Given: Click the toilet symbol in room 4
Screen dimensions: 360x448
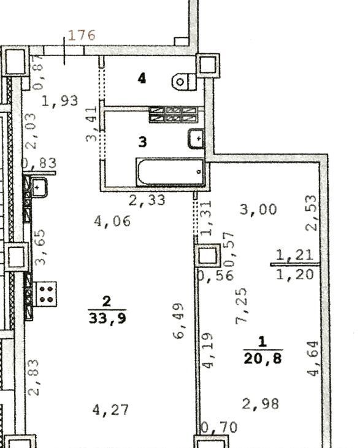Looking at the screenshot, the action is (184, 82).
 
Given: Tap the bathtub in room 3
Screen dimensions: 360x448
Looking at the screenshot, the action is (170, 172).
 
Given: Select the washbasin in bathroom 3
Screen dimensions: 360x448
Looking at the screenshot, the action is (196, 139).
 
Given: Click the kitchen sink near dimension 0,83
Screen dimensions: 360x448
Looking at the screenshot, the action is (39, 187).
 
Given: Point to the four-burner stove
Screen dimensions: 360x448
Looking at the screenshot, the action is (45, 294).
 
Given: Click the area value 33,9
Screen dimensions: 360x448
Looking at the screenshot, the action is (107, 319).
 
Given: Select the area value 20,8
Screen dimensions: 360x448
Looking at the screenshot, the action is (263, 358).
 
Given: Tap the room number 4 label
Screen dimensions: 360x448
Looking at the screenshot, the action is (142, 79).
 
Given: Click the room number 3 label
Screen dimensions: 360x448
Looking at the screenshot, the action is (142, 142).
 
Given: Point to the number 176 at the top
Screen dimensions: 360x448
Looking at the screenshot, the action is (82, 35).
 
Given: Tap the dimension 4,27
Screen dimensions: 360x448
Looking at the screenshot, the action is (110, 410).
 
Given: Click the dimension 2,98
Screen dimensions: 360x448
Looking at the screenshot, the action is (261, 404).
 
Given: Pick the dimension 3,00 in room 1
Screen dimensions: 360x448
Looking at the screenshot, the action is (258, 209).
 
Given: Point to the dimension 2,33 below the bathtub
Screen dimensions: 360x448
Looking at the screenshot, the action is (147, 200).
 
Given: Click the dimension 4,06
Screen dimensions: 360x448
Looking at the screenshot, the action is (112, 221).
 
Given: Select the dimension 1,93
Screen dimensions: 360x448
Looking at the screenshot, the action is (59, 101).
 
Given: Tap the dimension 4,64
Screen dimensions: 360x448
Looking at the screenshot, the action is (313, 358).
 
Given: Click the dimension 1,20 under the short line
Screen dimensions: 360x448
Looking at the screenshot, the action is (295, 274).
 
